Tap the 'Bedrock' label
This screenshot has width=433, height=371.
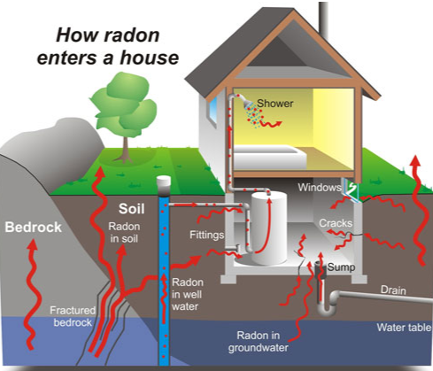(33, 228)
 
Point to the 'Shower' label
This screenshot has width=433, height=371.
(275, 104)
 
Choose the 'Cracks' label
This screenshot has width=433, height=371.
(336, 223)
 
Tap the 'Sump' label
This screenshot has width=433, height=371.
(340, 267)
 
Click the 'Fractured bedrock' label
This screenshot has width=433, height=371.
(73, 316)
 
